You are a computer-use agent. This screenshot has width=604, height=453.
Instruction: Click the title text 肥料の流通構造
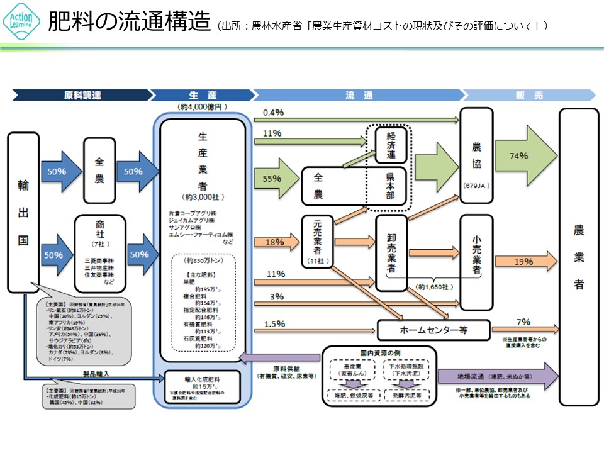(129, 22)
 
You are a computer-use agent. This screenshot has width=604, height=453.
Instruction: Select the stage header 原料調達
(82, 96)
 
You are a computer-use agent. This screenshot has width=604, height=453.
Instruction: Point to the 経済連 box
(391, 145)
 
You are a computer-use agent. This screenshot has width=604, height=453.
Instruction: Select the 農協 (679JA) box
(476, 155)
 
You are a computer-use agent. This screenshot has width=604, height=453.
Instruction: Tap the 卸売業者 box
(391, 252)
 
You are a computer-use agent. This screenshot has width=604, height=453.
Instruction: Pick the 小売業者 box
(476, 252)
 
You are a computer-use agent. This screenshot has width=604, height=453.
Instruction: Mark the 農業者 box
(579, 252)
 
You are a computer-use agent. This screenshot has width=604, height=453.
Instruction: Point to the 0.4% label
(274, 113)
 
